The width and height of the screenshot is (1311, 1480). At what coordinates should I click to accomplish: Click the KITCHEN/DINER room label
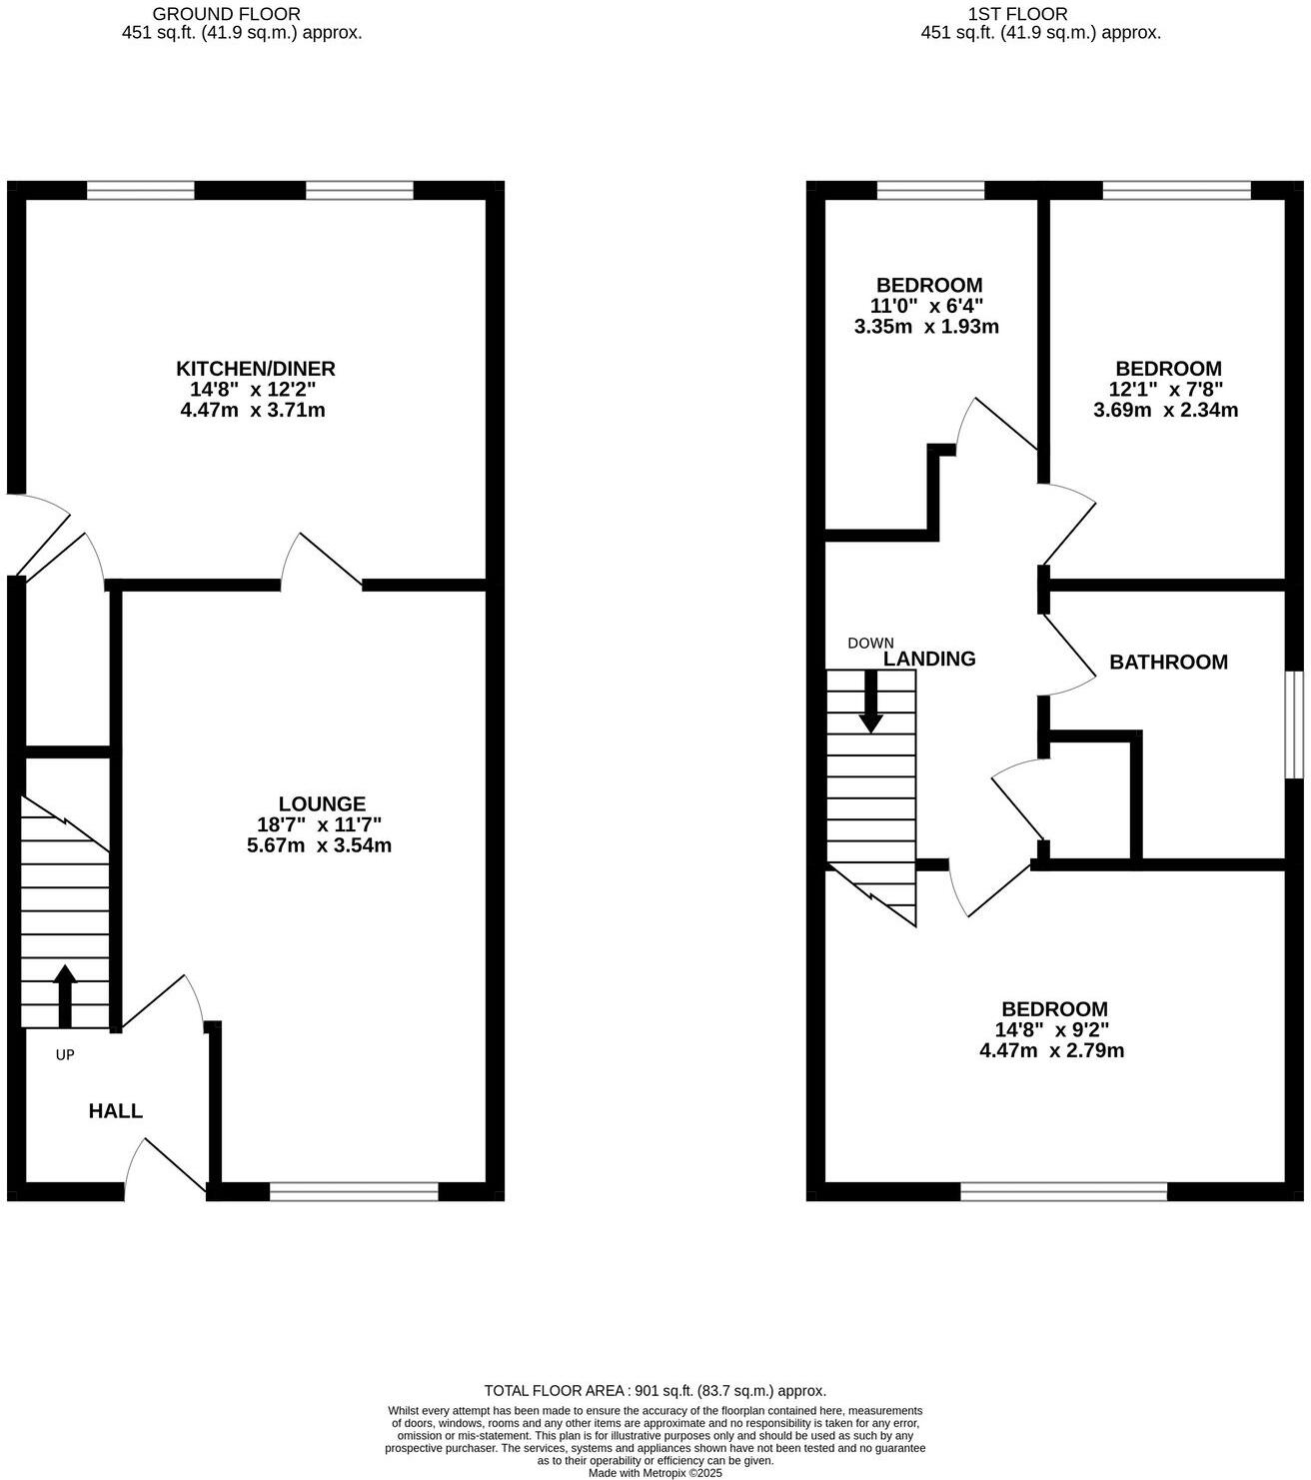coord(256,368)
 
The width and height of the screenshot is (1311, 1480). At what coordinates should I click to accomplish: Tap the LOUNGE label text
coord(322,803)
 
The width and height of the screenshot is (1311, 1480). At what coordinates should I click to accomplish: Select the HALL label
coord(116,1110)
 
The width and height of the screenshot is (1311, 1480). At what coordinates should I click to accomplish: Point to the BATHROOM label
coord(1168,662)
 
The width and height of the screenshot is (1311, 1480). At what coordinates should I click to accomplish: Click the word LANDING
coord(929,659)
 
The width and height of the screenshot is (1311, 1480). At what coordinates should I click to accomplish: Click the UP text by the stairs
coord(65,1054)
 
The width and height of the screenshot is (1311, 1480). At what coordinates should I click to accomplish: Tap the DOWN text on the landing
coord(870,643)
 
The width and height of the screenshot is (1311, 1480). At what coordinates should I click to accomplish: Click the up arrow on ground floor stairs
coord(65,994)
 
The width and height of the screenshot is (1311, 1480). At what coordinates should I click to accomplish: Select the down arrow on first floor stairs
coord(871,702)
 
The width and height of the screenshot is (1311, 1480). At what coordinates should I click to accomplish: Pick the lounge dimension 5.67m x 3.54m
coord(319,845)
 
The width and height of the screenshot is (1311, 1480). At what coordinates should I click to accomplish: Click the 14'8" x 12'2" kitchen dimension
coord(256,389)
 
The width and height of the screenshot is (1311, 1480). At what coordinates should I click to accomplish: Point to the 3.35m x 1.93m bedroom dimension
coord(926,327)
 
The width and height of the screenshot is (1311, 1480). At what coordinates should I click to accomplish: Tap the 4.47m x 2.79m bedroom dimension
coord(1052,1050)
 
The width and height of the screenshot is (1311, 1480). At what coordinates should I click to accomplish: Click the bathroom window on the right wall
coord(1295,725)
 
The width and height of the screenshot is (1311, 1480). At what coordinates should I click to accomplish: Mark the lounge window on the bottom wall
coord(354,1190)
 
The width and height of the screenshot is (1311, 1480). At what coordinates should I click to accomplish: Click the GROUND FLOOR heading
coord(226,14)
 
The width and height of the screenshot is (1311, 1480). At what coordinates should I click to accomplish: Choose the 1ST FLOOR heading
coord(1018,14)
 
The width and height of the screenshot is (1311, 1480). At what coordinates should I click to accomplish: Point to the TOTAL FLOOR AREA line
coord(655,1390)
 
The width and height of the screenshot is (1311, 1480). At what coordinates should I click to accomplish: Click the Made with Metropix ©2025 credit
coord(655,1473)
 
